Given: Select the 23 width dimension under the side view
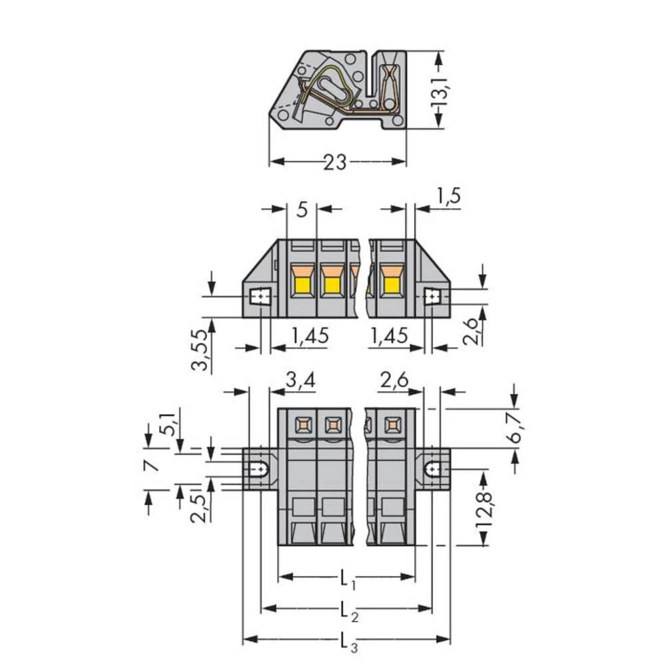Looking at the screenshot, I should [335, 162].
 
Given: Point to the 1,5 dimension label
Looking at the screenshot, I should [448, 196].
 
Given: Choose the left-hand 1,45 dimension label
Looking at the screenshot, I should [310, 336].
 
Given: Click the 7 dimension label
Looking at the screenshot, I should [153, 465].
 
